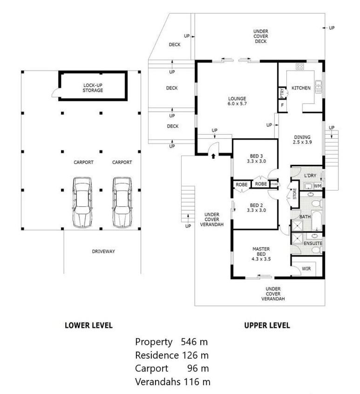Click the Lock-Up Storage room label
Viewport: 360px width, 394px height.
click(93, 88)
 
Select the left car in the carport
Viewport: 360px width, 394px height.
click(82, 203)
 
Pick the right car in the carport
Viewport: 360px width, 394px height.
click(122, 203)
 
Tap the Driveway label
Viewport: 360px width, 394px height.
click(103, 251)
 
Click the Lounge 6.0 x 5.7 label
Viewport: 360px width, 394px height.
click(237, 101)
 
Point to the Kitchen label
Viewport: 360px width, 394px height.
click(301, 88)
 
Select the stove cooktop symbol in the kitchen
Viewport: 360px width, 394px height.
click(300, 66)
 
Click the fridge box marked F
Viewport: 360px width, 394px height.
click(282, 106)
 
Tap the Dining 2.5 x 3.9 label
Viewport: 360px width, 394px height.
click(302, 139)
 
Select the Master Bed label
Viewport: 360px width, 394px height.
click(261, 251)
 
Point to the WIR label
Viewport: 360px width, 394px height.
click(306, 269)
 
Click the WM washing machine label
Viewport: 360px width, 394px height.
click(317, 186)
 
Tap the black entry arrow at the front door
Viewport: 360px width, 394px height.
click(213, 156)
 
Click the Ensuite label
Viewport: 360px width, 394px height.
click(313, 244)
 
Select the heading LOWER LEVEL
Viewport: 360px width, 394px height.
click(88, 326)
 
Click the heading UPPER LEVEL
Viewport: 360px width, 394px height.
click(267, 326)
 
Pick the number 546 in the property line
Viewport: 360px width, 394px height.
click(189, 342)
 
